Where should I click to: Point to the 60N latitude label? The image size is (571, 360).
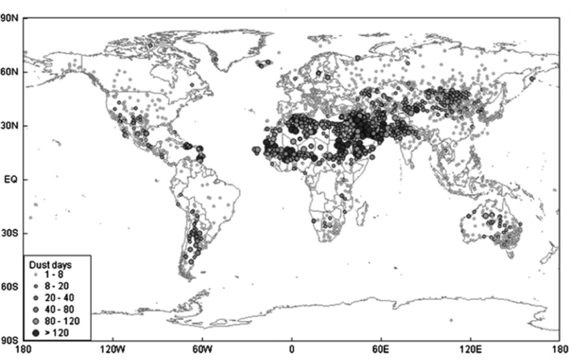(x=11, y=72)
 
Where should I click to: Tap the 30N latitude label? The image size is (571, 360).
(x=11, y=126)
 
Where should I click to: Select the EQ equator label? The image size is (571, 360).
(x=10, y=179)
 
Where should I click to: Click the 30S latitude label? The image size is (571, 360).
(x=11, y=234)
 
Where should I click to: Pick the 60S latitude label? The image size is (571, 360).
(x=11, y=286)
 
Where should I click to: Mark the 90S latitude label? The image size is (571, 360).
(x=11, y=341)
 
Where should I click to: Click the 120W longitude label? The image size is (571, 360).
(x=113, y=348)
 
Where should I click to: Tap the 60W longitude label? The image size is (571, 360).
(x=202, y=348)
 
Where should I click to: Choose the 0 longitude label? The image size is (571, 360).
(x=292, y=348)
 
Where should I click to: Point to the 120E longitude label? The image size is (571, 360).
(x=470, y=348)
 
